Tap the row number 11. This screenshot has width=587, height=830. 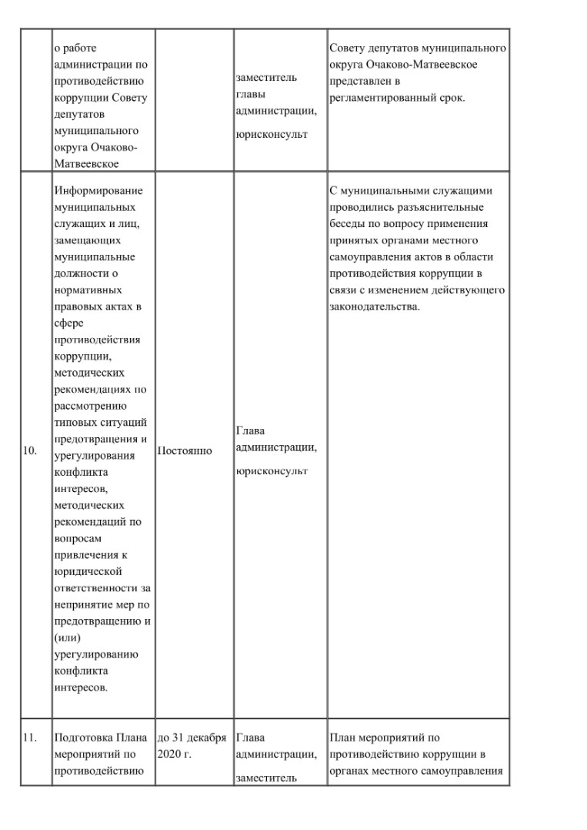pyautogui.click(x=30, y=737)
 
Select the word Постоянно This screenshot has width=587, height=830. pyautogui.click(x=185, y=450)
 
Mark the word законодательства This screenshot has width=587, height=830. pyautogui.click(x=374, y=307)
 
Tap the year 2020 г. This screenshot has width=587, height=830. pyautogui.click(x=173, y=753)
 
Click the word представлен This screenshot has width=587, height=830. pyautogui.click(x=359, y=81)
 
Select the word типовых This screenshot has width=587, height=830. pyautogui.click(x=75, y=423)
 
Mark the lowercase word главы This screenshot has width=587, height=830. pyautogui.click(x=250, y=95)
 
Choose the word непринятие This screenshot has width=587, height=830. pyautogui.click(x=82, y=604)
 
